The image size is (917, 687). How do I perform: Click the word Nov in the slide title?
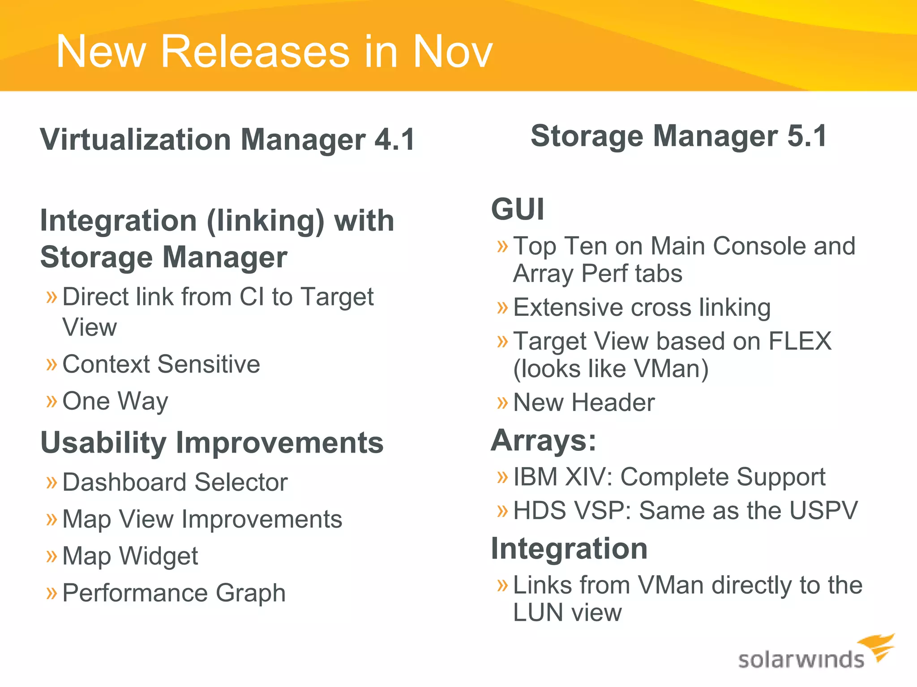pos(452,52)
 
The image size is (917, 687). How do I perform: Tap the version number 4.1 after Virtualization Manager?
pos(394,140)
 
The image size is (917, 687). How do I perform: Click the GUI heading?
pos(518,209)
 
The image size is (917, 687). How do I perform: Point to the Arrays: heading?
pos(544,441)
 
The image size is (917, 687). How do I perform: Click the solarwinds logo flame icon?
pos(877,647)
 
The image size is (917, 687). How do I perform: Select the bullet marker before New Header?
pos(503,403)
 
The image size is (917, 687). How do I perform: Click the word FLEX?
pos(800,341)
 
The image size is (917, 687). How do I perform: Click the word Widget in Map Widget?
pos(159,556)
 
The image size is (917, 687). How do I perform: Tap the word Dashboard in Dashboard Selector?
pos(124,483)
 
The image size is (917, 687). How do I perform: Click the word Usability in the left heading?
pos(103,443)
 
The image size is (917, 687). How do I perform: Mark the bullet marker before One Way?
pos(52,401)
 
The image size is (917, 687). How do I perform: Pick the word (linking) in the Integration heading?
pos(265,221)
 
